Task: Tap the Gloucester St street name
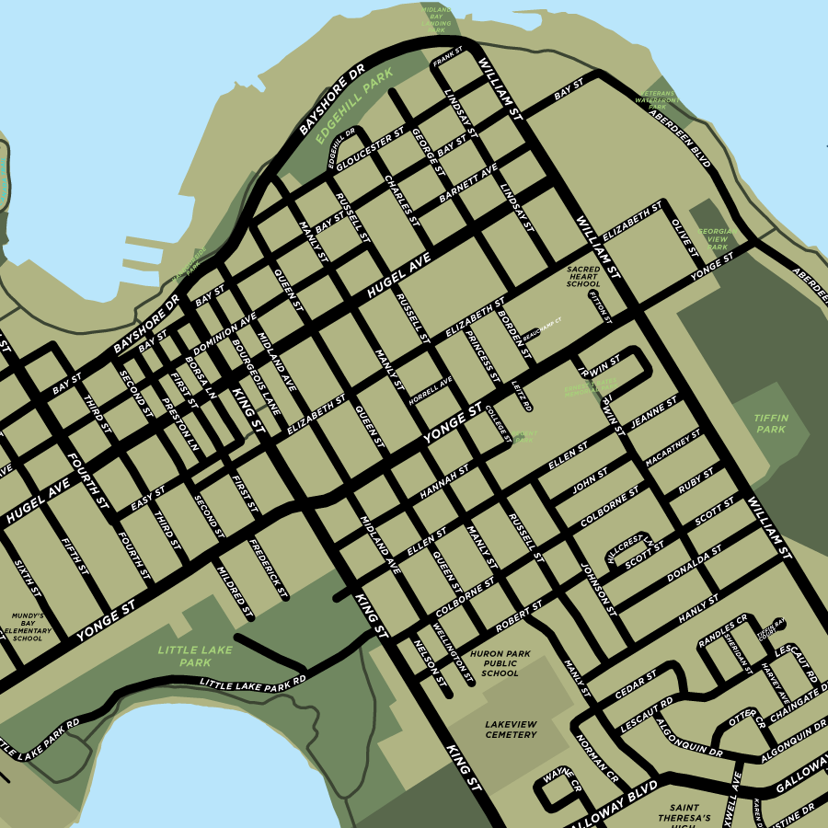(371, 150)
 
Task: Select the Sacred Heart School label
(583, 277)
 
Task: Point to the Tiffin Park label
(771, 423)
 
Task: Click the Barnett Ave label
(468, 183)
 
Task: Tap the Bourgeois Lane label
(256, 375)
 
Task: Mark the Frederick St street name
(269, 567)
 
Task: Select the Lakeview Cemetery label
(511, 730)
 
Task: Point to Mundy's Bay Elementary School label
(28, 627)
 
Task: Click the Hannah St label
(444, 483)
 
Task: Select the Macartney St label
(673, 447)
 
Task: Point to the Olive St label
(684, 236)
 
